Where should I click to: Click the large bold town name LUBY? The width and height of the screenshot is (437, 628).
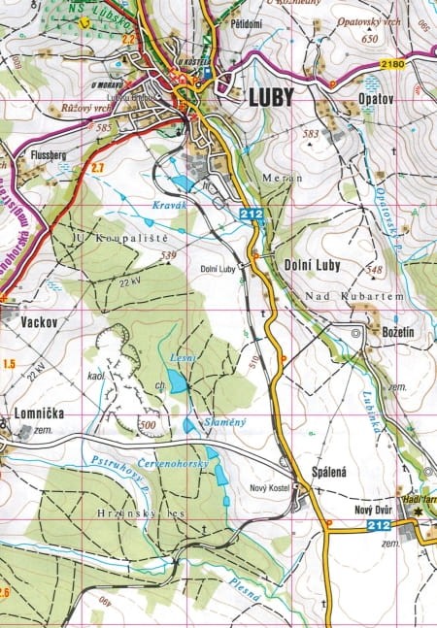[x=274, y=97]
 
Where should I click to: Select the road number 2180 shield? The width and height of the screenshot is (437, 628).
[x=393, y=64]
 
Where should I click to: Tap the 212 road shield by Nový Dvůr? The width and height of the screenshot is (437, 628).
[x=381, y=525]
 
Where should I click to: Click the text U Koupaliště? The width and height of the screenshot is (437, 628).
[x=109, y=238]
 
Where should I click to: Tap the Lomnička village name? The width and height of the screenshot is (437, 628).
[x=40, y=413]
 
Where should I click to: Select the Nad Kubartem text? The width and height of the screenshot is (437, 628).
[x=343, y=295]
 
